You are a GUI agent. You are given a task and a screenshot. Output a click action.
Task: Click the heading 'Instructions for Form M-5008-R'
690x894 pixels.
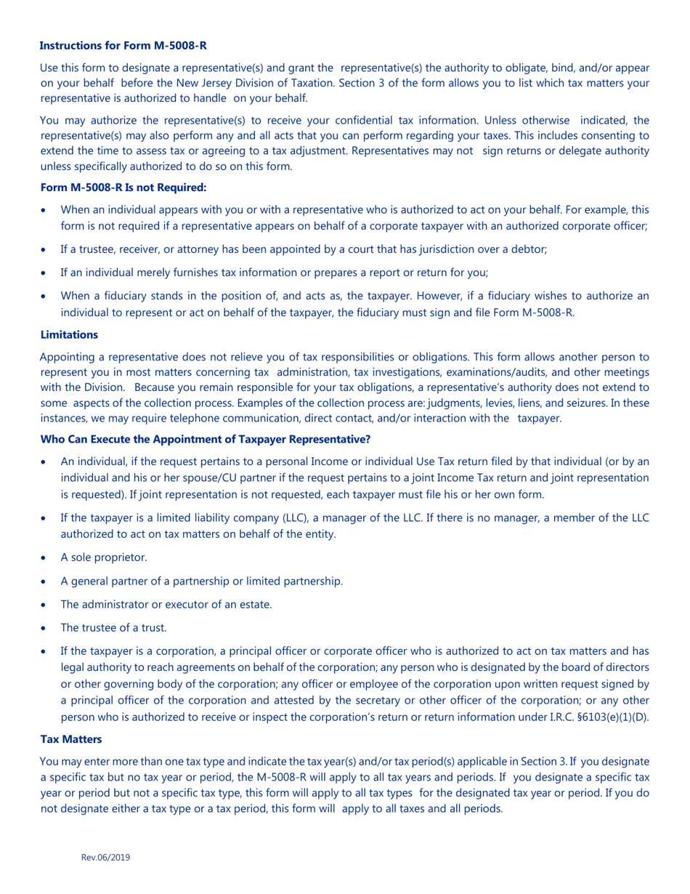click(123, 45)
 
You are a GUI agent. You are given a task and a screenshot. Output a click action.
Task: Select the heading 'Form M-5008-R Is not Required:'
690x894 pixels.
click(123, 188)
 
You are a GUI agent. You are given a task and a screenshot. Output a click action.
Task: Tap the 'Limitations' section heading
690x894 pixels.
click(68, 334)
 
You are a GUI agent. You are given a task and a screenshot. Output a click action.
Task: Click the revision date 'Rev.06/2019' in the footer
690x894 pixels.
click(105, 858)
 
